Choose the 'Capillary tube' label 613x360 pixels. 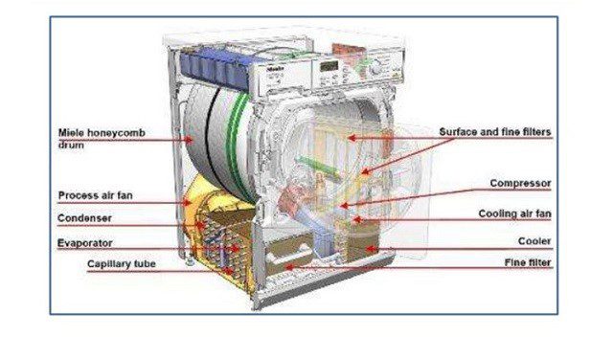click(x=123, y=263)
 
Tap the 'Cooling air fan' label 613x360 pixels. click(x=514, y=214)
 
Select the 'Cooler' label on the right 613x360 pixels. click(x=534, y=241)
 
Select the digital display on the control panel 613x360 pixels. click(x=331, y=66)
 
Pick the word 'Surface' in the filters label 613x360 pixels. click(x=459, y=132)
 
